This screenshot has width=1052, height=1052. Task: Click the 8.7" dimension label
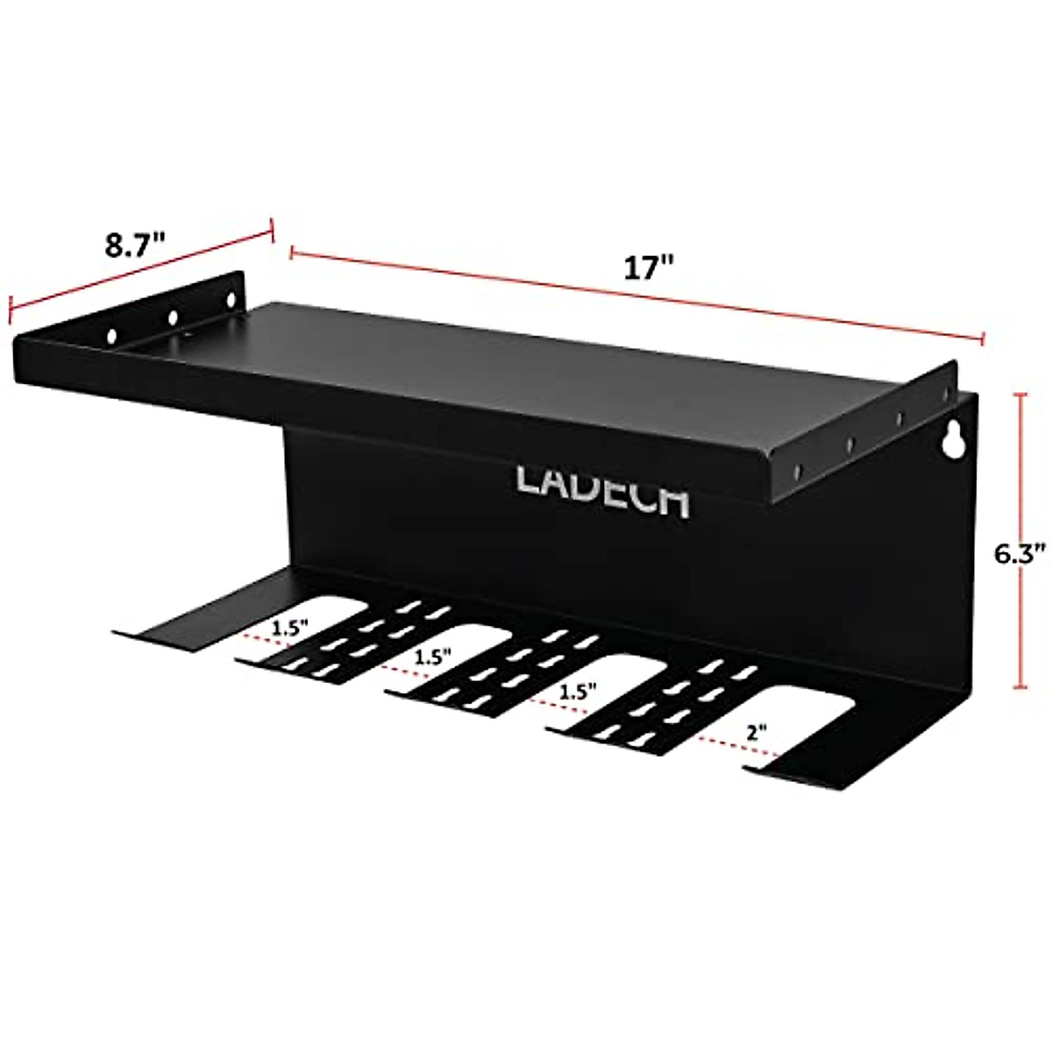tap(136, 245)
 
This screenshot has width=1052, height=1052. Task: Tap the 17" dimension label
tap(646, 267)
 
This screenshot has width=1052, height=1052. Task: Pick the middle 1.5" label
tap(433, 655)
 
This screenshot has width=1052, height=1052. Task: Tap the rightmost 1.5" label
tap(572, 691)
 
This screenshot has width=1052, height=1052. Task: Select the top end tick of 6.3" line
tap(1020, 396)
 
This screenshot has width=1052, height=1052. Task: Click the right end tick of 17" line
tap(983, 339)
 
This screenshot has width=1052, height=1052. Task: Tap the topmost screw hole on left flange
tap(232, 299)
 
